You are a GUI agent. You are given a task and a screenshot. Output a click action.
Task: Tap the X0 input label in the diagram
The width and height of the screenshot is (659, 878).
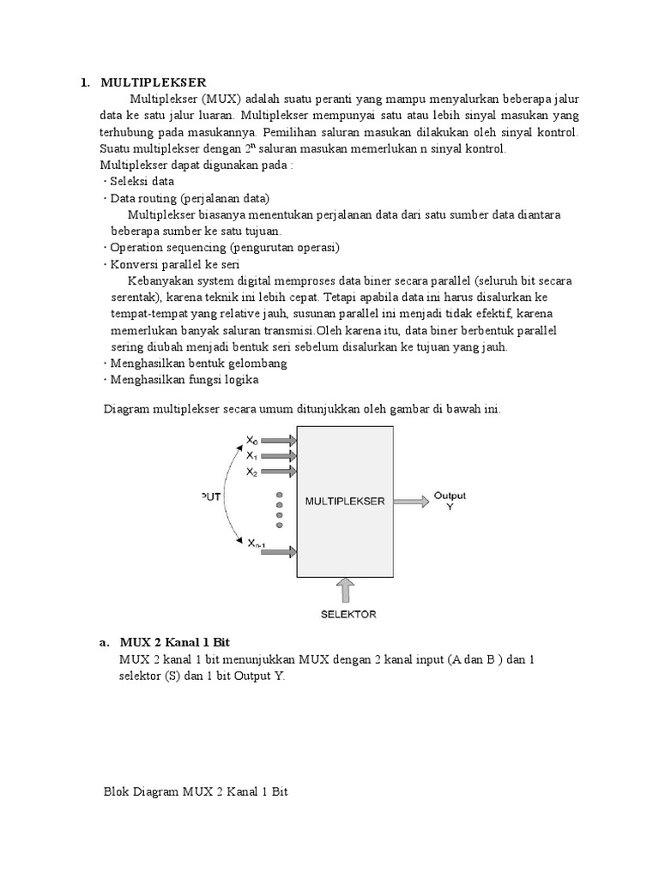click(x=251, y=441)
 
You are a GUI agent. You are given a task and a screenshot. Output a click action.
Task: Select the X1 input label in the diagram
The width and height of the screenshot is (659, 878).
click(x=251, y=456)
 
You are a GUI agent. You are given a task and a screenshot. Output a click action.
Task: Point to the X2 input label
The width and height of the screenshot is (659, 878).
click(x=251, y=472)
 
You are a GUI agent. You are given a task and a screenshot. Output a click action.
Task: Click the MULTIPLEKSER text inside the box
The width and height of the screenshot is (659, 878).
click(x=345, y=502)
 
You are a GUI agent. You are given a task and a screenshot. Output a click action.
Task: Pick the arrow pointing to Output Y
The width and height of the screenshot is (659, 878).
click(x=412, y=502)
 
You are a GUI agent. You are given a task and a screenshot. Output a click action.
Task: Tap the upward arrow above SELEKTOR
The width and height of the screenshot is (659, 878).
click(x=344, y=590)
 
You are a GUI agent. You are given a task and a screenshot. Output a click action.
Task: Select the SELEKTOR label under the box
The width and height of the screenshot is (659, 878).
click(x=348, y=614)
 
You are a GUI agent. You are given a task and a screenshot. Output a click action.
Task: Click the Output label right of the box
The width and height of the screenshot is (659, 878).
click(x=450, y=496)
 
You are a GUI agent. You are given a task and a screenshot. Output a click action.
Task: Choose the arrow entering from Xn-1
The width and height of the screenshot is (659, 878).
click(x=281, y=554)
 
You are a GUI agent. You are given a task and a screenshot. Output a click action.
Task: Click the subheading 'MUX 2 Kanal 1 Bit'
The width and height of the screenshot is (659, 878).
click(x=175, y=642)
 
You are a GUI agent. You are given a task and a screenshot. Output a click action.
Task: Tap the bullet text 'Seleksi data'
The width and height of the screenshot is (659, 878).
click(x=142, y=181)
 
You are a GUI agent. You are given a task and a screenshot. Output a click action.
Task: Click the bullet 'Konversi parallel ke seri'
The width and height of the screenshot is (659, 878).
click(x=174, y=264)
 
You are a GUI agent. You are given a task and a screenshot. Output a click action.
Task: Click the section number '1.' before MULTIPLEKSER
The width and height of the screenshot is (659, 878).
click(x=85, y=82)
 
